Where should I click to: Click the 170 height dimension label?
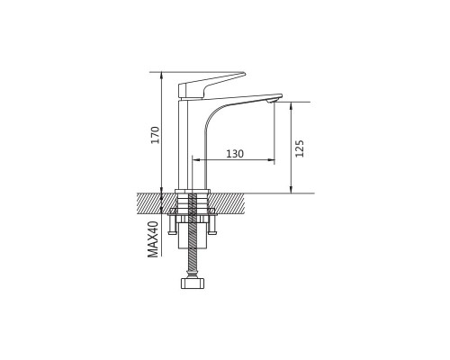155,135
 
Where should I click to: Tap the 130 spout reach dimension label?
235,154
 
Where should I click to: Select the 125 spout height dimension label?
300,148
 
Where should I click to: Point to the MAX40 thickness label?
153,239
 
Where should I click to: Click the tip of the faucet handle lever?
244,73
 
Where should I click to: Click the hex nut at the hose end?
193,283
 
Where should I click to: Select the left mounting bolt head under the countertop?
173,232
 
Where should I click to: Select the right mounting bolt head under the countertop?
212,232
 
